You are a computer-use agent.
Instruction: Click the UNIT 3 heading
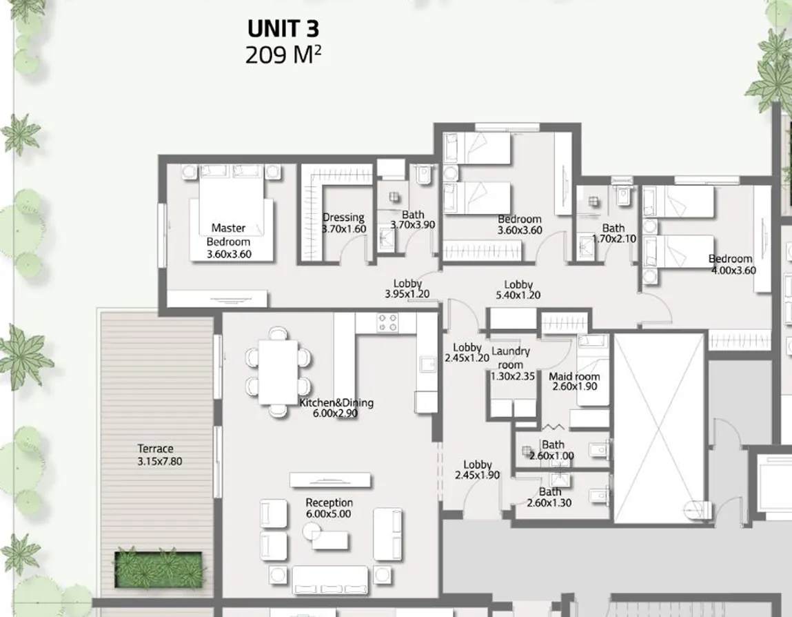[283, 30]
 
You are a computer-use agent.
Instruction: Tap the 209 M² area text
[283, 55]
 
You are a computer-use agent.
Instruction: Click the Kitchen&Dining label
[328, 407]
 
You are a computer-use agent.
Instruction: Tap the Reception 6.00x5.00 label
[329, 508]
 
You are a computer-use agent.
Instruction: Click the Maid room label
[574, 381]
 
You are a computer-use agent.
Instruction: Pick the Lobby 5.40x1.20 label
[518, 289]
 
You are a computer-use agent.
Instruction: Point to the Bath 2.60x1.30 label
[549, 497]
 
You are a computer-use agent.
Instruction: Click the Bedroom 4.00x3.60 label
[732, 264]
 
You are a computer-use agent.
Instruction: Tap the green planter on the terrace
[160, 568]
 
